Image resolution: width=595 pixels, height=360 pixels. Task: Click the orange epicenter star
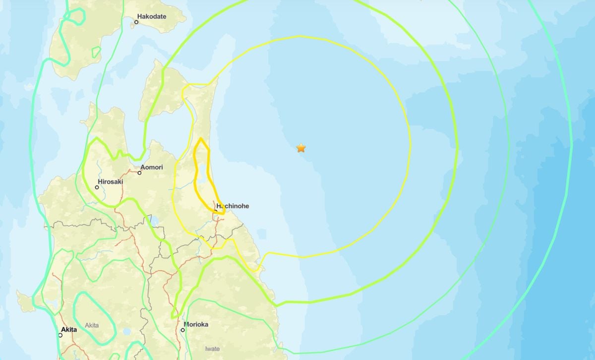click(301, 148)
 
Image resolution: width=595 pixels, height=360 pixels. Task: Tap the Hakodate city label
click(152, 16)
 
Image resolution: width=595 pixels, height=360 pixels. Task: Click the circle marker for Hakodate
click(137, 22)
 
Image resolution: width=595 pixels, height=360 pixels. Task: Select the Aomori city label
click(152, 167)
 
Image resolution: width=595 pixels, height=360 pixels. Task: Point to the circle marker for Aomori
click(140, 173)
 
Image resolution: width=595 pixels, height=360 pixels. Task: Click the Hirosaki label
click(111, 182)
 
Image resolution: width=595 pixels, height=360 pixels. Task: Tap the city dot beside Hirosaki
click(97, 187)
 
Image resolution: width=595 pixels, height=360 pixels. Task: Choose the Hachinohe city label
click(233, 206)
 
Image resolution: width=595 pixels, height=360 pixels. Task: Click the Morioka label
click(196, 325)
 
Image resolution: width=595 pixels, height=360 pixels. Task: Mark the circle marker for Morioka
click(183, 330)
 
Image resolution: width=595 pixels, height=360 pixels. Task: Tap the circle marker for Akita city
click(60, 335)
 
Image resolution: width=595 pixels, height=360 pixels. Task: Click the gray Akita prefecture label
click(92, 325)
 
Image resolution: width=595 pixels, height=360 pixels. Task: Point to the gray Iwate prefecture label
click(212, 349)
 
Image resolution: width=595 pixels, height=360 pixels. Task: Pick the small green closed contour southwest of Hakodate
click(96, 51)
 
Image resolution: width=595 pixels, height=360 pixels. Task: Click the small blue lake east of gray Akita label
click(127, 331)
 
